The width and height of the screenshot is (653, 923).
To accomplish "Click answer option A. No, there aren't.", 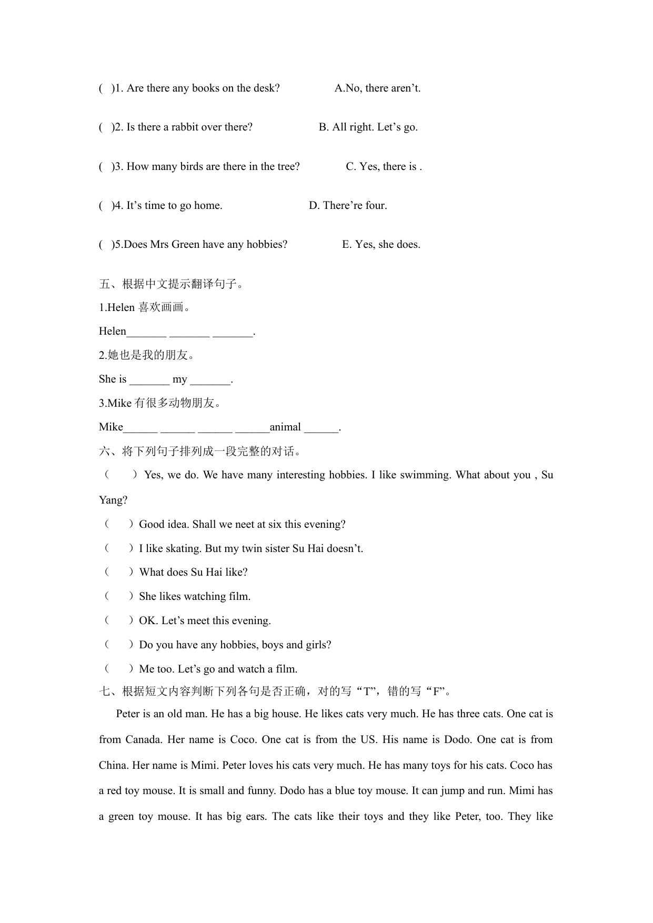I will pos(377,88).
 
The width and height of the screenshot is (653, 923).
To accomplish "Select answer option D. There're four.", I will pos(348,205).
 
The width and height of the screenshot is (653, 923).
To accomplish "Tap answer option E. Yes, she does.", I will pos(381,244).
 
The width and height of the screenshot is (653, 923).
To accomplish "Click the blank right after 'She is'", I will pos(149,379).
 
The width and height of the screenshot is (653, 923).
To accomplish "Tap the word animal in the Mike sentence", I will pos(285,427).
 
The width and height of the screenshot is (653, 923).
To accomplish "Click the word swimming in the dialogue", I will pos(425,475).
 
